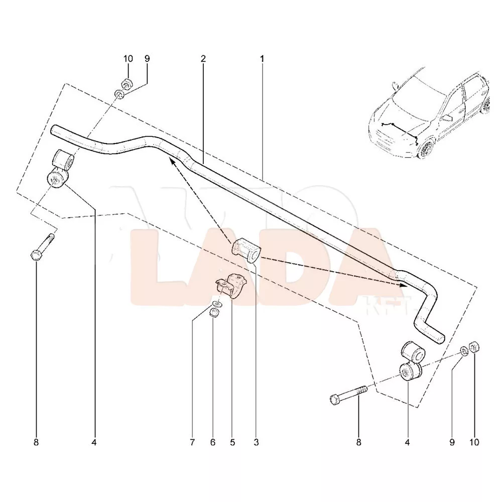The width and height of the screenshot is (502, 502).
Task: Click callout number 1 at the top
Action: pyautogui.click(x=262, y=59)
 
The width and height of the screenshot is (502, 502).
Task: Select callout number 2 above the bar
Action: pyautogui.click(x=203, y=59)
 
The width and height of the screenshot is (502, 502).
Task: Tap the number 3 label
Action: pyautogui.click(x=256, y=442)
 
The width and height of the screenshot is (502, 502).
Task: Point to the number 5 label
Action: pyautogui.click(x=232, y=442)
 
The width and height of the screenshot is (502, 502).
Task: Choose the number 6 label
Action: pyautogui.click(x=212, y=442)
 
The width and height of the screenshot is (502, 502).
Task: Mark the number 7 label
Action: pyautogui.click(x=192, y=442)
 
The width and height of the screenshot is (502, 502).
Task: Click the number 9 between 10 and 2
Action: pyautogui.click(x=147, y=59)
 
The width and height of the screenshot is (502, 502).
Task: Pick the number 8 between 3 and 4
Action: pyautogui.click(x=358, y=442)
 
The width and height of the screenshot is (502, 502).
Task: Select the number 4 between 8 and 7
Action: pyautogui.click(x=94, y=442)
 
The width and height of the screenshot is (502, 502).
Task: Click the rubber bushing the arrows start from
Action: pyautogui.click(x=245, y=249)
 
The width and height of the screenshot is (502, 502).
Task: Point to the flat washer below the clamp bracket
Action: pyautogui.click(x=216, y=304)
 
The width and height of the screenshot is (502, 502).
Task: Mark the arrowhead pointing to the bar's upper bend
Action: pyautogui.click(x=171, y=160)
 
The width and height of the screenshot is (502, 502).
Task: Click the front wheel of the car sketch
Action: pyautogui.click(x=426, y=149)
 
